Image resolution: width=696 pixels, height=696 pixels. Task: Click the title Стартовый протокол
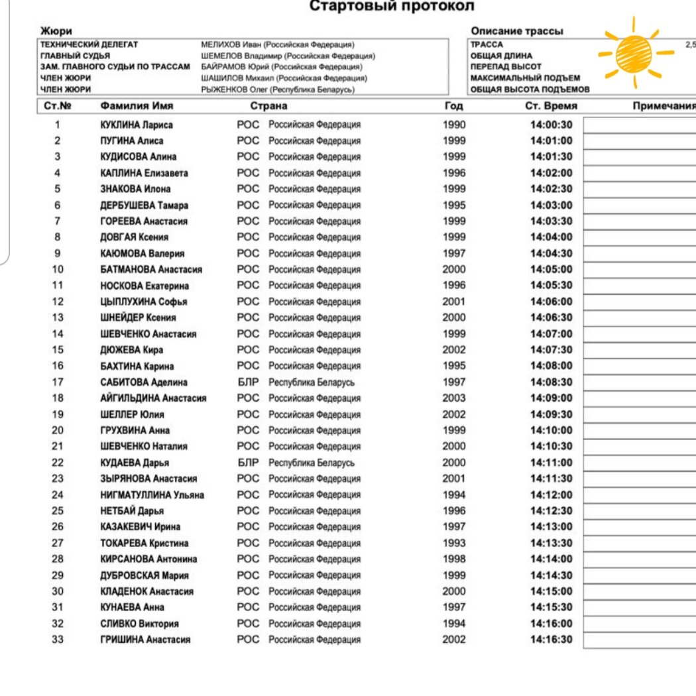[392, 7]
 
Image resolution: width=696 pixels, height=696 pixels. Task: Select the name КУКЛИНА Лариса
[137, 125]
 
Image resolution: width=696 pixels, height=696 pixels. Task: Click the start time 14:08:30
[551, 382]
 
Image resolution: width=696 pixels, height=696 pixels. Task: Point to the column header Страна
[268, 106]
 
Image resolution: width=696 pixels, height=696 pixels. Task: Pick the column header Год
[454, 106]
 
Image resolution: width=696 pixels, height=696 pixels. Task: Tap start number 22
[58, 463]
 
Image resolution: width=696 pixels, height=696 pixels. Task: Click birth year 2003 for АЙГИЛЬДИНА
[454, 398]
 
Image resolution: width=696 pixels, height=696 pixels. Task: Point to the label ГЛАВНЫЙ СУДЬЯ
[76, 56]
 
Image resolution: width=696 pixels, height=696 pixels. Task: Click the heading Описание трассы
[516, 31]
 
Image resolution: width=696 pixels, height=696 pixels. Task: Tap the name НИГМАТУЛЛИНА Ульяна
[152, 494]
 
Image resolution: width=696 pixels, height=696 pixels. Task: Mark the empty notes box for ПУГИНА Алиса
[639, 141]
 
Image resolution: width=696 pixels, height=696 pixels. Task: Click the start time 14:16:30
[551, 640]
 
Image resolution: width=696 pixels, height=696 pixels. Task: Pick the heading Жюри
[56, 31]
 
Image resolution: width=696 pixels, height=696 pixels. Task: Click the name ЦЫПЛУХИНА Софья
[144, 302]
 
